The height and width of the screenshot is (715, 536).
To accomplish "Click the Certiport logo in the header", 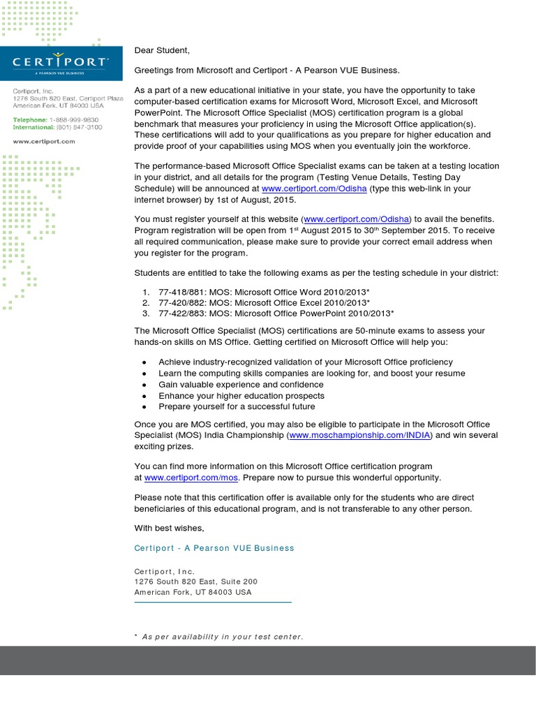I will click(61, 61).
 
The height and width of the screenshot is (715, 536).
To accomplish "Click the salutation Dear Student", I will click(162, 50).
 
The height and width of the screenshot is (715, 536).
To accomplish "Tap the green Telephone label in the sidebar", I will click(31, 119).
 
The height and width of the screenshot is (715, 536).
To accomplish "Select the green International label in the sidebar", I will click(36, 128).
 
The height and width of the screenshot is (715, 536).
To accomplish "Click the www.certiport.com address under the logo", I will click(43, 142).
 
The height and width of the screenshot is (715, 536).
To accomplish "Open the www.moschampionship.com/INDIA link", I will click(360, 436).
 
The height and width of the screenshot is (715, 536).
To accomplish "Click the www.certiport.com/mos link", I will click(191, 478).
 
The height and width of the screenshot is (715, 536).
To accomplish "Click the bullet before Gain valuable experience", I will click(144, 385).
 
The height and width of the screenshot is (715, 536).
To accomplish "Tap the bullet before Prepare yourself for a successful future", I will click(144, 407).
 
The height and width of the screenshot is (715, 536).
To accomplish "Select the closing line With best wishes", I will click(169, 528).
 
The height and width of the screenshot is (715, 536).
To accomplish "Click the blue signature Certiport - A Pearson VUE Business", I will click(214, 548).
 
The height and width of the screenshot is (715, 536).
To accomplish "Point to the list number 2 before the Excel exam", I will click(146, 303).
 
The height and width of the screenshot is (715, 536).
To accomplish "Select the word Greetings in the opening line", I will click(156, 71).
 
